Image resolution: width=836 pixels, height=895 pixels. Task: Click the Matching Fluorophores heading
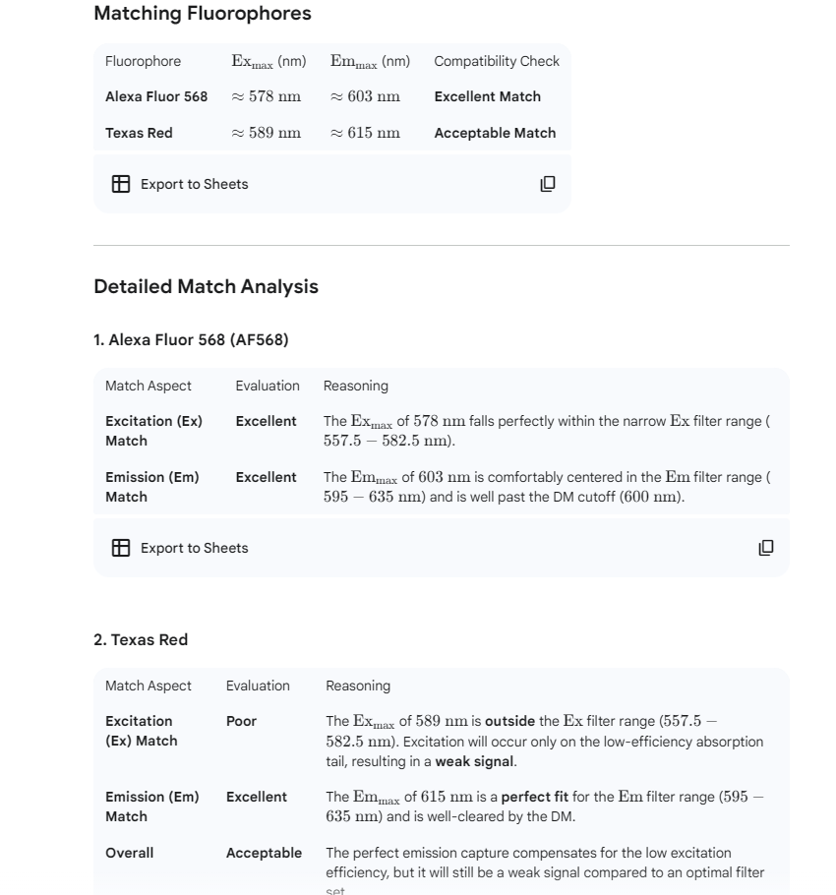[202, 14]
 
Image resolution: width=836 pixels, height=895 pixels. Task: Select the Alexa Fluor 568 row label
[156, 96]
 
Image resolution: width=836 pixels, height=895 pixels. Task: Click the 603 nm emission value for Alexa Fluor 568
[365, 96]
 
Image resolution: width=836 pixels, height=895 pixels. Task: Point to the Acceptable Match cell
[495, 133]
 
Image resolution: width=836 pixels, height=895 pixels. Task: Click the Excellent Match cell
[487, 96]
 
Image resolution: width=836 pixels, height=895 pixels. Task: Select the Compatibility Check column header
[496, 61]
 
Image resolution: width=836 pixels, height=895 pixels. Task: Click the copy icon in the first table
[548, 184]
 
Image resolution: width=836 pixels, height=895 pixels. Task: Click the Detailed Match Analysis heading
[206, 287]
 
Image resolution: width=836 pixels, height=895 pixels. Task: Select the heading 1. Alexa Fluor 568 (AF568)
[191, 340]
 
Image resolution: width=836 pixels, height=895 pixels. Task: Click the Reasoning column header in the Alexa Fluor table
[355, 386]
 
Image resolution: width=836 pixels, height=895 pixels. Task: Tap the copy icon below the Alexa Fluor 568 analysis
[766, 548]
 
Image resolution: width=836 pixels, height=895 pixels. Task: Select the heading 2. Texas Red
[141, 640]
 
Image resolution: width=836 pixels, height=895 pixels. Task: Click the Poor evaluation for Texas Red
[241, 721]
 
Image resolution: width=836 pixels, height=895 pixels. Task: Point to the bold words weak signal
[474, 761]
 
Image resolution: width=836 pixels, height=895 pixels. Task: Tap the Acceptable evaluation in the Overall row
[264, 853]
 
